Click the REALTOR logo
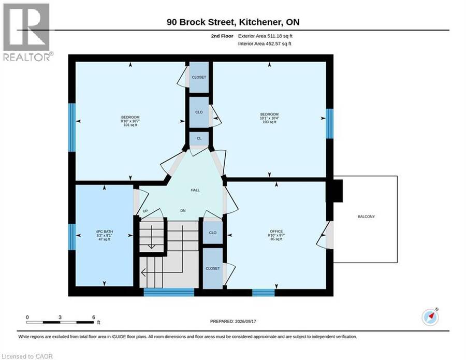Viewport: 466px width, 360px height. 27,32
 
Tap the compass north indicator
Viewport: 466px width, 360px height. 430,317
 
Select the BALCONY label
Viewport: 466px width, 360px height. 366,217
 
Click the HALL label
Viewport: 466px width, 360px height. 195,190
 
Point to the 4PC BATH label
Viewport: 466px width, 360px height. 104,232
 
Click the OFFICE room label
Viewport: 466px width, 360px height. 276,231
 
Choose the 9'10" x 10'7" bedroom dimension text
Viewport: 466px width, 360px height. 130,121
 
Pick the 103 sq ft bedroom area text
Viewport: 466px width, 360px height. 270,122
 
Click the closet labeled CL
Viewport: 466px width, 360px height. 199,138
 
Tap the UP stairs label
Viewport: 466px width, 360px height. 145,211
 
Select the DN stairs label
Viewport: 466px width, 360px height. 183,210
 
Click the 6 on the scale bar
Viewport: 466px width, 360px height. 94,317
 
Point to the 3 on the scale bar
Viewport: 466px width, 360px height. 60,317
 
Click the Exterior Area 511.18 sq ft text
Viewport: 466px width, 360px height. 265,36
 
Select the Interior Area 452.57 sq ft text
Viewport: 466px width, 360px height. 265,44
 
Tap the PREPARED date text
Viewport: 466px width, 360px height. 233,321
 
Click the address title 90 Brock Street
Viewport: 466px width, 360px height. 201,22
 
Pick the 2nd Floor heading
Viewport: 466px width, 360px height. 222,36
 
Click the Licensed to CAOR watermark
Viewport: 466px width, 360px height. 27,356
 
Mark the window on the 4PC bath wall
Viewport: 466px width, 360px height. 72,237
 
